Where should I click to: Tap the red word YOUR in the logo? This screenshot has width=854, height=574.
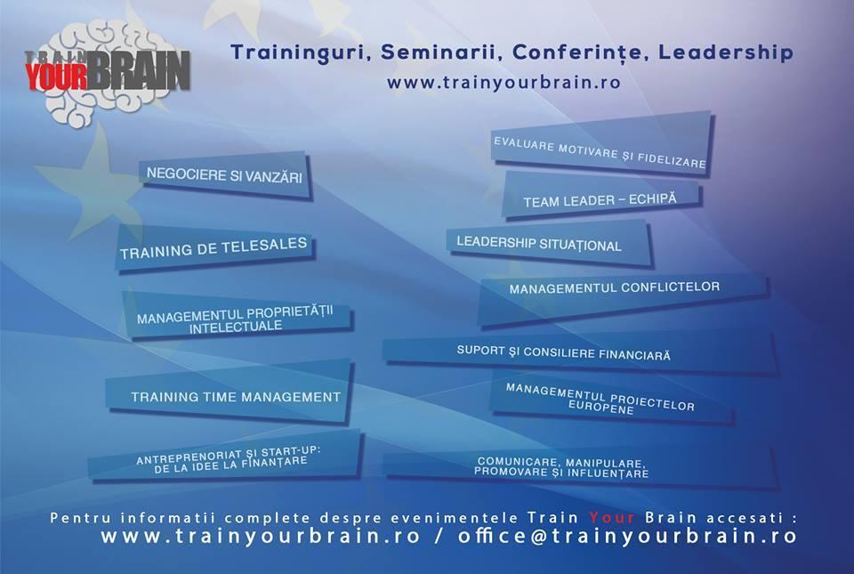(56, 76)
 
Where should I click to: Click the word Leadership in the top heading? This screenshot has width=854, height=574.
(726, 53)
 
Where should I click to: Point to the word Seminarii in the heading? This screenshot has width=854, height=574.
(442, 53)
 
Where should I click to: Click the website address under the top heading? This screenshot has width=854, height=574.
(504, 82)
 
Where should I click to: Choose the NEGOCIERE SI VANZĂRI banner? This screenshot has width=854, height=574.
(225, 176)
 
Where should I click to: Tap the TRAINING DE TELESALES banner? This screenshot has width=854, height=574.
(214, 247)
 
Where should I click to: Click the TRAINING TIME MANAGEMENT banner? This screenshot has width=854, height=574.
(229, 392)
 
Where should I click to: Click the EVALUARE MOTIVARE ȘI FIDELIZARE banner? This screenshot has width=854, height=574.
(601, 145)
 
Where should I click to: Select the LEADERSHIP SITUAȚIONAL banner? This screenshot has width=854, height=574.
(549, 244)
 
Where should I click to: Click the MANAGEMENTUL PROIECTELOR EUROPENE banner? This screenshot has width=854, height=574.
(611, 399)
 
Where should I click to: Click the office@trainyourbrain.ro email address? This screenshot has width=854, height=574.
(627, 536)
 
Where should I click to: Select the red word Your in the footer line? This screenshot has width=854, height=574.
(611, 517)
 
